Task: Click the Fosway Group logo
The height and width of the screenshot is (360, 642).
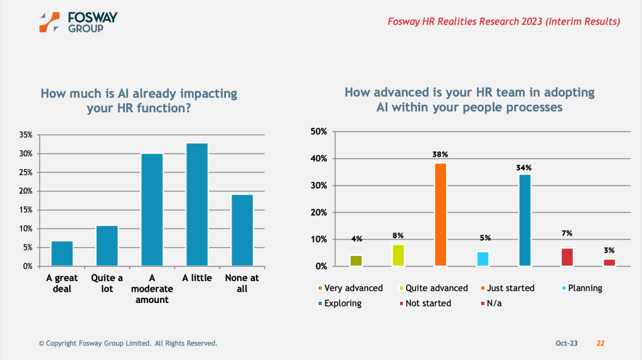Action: (x=78, y=21)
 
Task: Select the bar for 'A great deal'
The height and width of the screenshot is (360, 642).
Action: (x=62, y=253)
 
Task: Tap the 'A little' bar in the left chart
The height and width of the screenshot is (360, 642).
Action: (x=197, y=204)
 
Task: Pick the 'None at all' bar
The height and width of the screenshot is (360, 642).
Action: (x=242, y=230)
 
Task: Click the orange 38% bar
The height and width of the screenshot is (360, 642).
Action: (x=441, y=214)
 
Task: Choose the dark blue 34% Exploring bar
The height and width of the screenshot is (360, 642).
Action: (x=524, y=220)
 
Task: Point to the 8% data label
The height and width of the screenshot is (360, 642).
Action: (x=398, y=236)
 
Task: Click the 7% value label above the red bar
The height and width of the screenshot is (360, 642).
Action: (x=567, y=233)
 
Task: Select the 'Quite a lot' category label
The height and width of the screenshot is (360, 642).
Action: (x=107, y=283)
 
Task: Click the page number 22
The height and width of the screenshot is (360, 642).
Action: (x=601, y=343)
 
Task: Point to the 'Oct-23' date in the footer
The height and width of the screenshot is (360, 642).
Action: (x=566, y=343)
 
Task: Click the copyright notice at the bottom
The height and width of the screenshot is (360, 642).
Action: (x=128, y=343)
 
